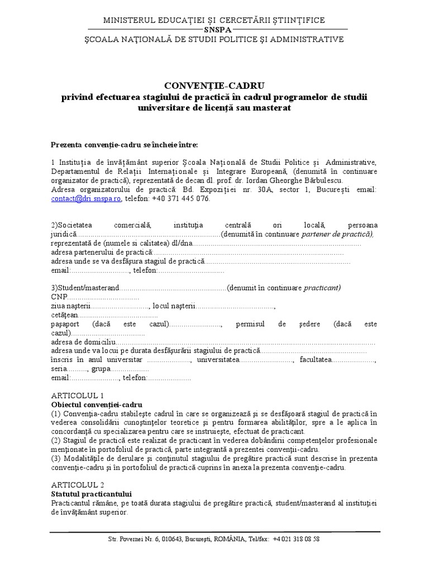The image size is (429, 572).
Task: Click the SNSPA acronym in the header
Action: point(214,30)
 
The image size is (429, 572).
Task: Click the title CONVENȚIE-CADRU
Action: point(214,85)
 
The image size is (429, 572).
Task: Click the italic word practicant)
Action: point(322,288)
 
